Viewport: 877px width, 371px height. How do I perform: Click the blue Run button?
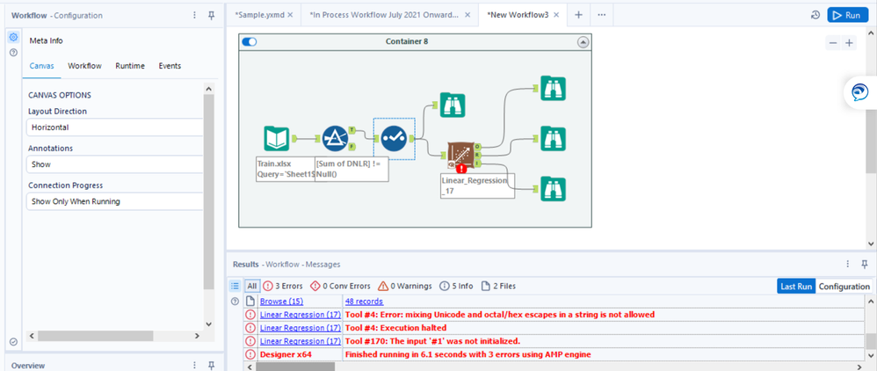coord(847,15)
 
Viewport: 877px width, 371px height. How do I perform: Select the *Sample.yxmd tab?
coord(261,15)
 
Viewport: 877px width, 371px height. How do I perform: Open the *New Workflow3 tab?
coord(518,15)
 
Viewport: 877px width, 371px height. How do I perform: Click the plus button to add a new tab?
coord(578,15)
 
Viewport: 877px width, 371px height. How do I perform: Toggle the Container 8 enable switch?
coord(250,41)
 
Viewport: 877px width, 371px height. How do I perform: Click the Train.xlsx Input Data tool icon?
coord(276,139)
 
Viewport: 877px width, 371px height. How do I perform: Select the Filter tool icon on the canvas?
coord(335,139)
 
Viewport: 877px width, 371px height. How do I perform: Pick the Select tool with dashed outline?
coord(394,138)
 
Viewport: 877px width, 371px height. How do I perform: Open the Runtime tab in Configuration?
coord(130,66)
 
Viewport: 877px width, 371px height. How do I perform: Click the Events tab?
coord(170,66)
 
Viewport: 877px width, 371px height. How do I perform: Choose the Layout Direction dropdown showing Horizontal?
coord(114,127)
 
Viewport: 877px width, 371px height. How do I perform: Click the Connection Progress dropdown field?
coord(114,201)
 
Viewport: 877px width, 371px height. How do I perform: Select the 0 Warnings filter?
coord(405,286)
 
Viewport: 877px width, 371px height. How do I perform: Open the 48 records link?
coord(364,302)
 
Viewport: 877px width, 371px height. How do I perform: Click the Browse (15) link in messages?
coord(280,302)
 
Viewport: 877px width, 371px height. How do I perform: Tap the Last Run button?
coord(796,286)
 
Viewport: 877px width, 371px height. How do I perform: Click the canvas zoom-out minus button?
coord(833,43)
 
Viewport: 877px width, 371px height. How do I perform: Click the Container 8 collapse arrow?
coord(583,42)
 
